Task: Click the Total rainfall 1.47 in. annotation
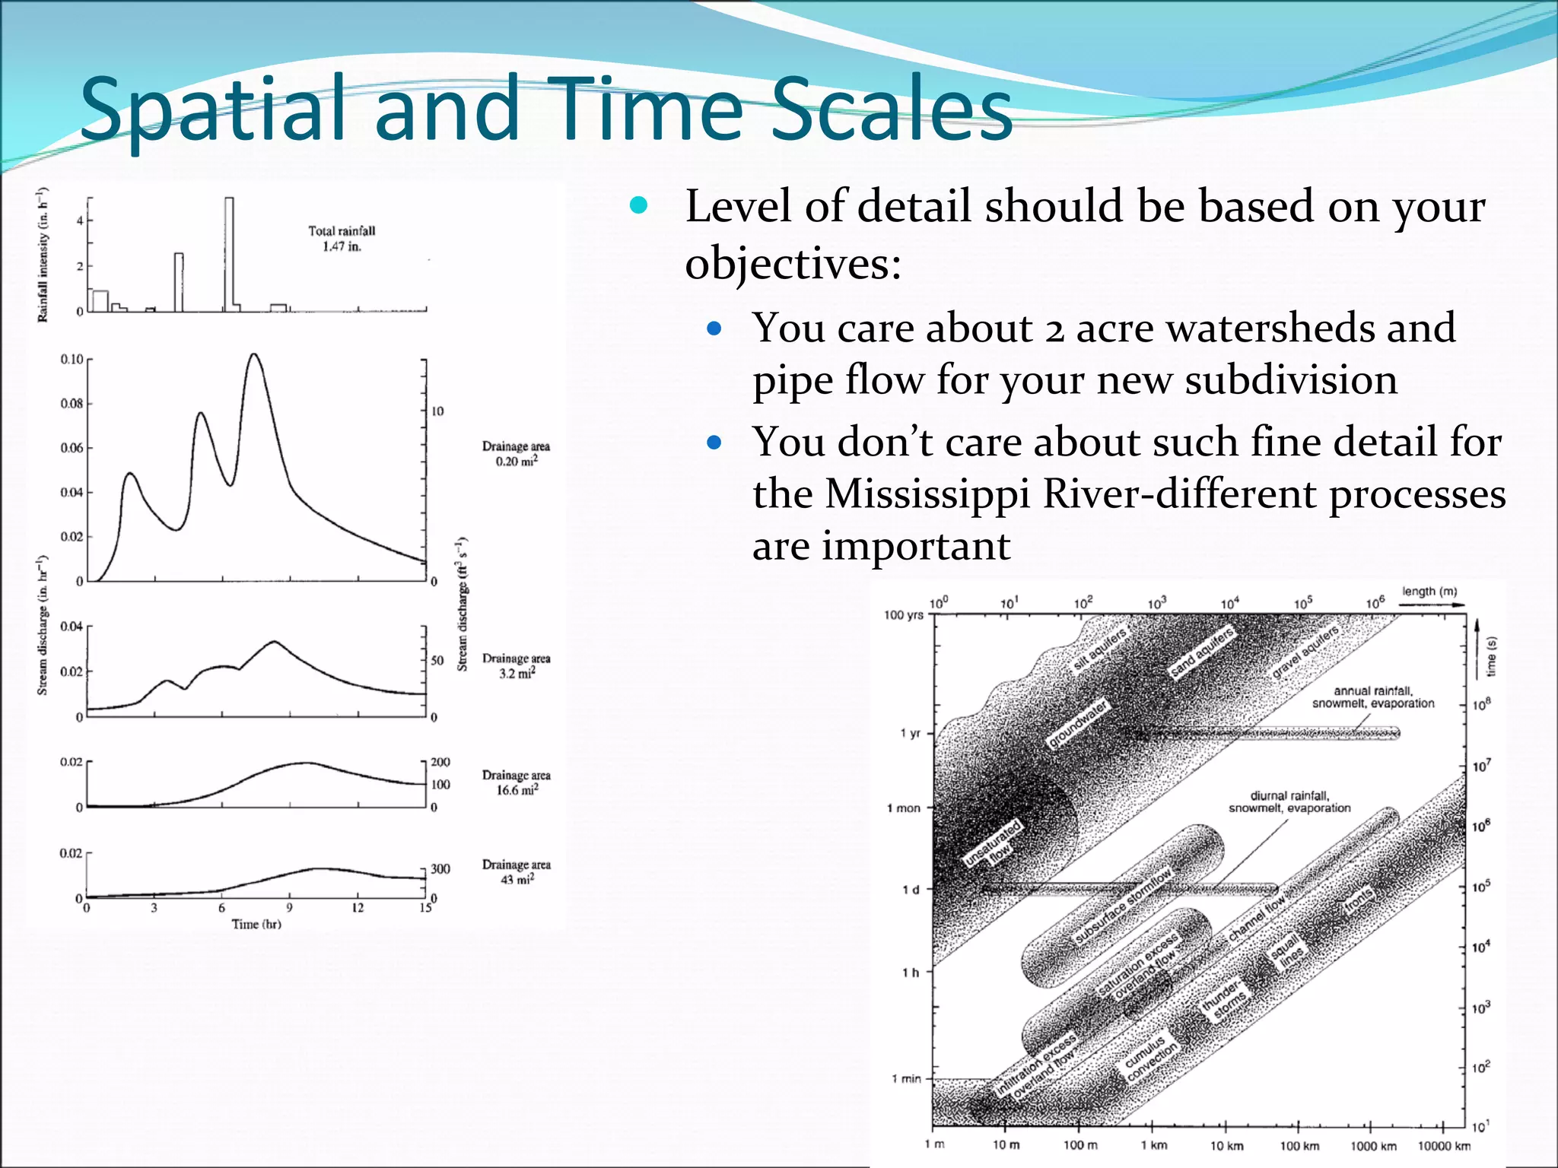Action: point(342,239)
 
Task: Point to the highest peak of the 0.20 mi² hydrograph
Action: point(254,356)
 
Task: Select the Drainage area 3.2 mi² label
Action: point(517,665)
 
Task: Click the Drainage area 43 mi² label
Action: point(517,871)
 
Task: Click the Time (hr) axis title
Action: point(256,924)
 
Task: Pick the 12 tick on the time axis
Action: point(358,907)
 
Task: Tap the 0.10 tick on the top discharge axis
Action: point(72,359)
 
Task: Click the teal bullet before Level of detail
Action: point(638,205)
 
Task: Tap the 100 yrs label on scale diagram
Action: point(904,614)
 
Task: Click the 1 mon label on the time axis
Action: point(904,808)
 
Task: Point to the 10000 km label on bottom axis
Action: point(1444,1146)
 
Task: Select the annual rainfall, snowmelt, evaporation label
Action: point(1373,697)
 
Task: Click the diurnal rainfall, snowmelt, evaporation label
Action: point(1289,801)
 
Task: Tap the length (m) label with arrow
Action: point(1430,592)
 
